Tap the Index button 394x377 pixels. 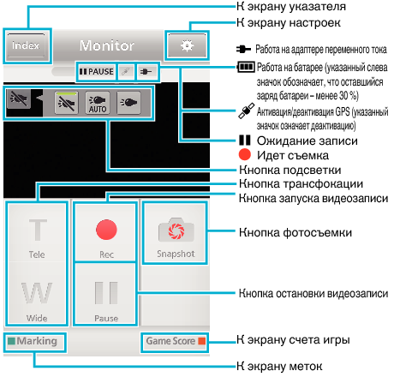pos(27,45)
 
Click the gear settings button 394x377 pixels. pos(187,45)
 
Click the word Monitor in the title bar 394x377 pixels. pos(107,45)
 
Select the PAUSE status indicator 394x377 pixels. pos(97,71)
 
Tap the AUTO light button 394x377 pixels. pos(98,103)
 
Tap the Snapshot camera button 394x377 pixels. pos(176,232)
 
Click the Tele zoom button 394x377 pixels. pos(37,233)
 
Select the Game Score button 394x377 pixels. pos(175,342)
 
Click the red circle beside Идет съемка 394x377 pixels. pos(245,154)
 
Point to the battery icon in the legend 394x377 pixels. pos(246,67)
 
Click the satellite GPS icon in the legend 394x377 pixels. pos(247,111)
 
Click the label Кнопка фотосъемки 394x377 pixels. pos(295,232)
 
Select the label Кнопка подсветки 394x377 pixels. pos(290,170)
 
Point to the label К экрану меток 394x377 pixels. pos(279,366)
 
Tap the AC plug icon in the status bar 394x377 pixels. pos(147,71)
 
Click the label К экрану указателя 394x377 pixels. pos(291,6)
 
